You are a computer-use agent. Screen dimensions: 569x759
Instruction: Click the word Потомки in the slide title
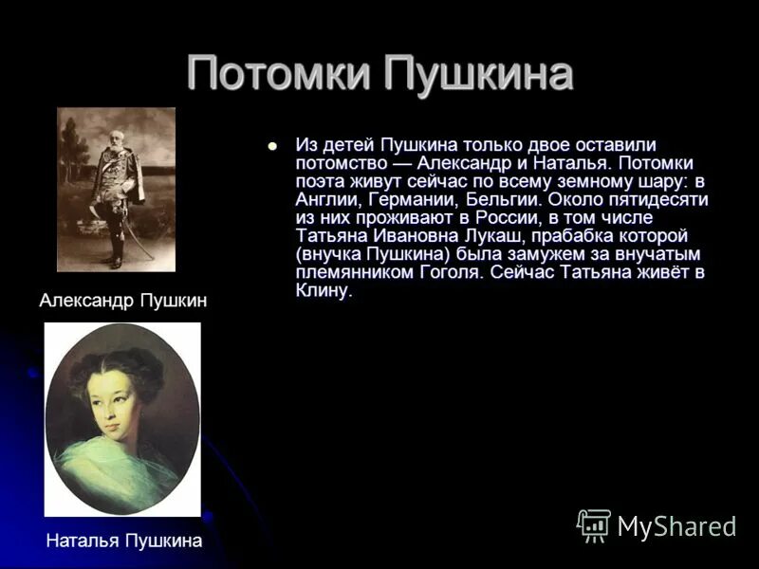(279, 74)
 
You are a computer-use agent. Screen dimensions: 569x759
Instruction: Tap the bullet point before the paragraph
(272, 146)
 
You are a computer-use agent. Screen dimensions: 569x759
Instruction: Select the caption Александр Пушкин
(122, 301)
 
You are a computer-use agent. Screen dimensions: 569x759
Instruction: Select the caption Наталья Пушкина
(123, 541)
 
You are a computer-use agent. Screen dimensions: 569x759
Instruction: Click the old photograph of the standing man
(116, 189)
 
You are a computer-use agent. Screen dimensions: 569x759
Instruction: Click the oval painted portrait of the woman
(122, 418)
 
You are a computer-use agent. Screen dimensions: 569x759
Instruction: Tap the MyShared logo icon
(595, 524)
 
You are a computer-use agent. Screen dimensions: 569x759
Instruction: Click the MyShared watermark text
(676, 526)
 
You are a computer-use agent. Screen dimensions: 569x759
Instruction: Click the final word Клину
(323, 291)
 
